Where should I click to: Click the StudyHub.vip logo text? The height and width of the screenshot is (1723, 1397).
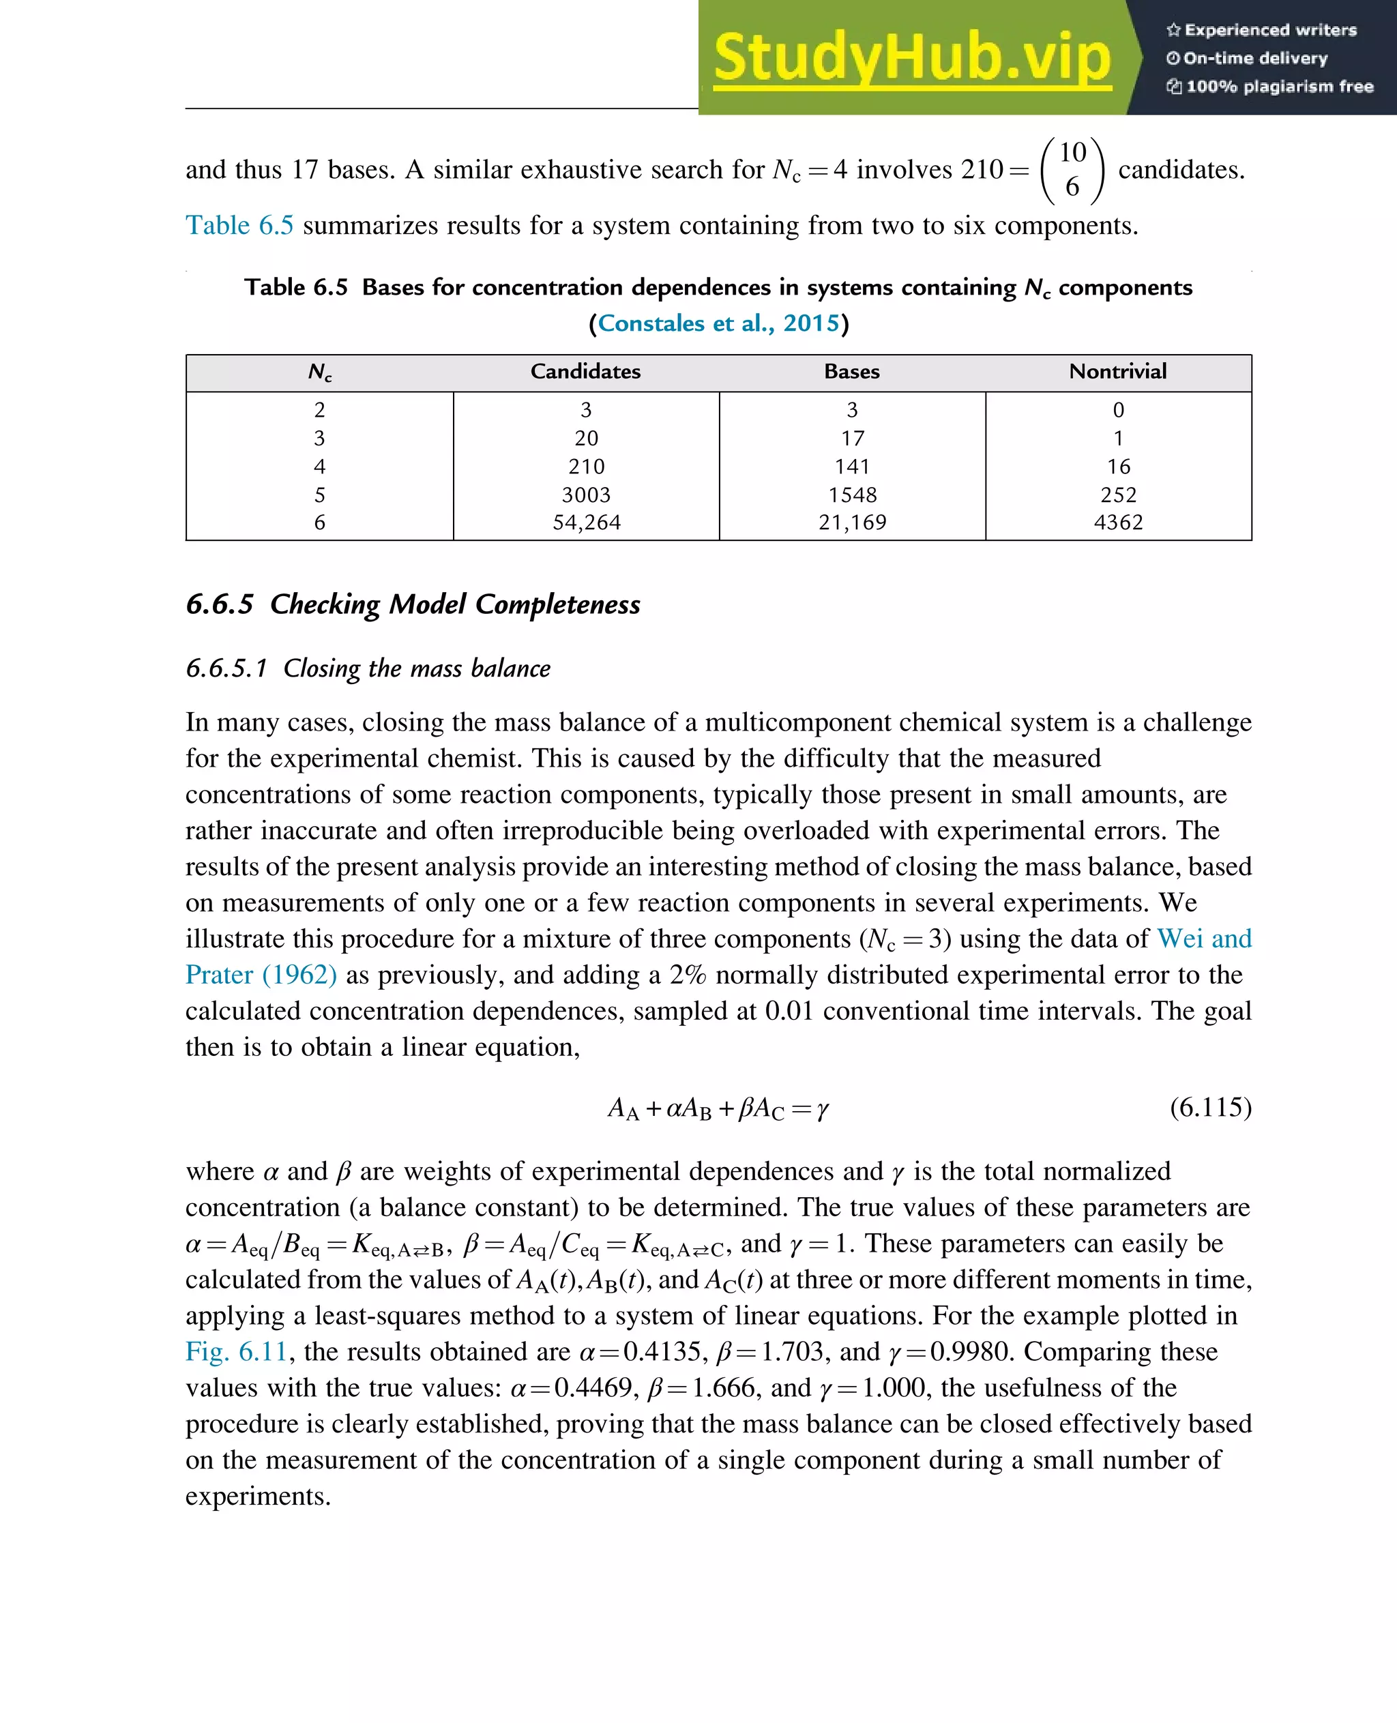(x=912, y=58)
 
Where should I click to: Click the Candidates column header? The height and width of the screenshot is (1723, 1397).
(x=585, y=371)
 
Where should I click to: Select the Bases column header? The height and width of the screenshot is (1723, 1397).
(x=851, y=371)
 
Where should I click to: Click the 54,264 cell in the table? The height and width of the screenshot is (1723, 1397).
(x=586, y=522)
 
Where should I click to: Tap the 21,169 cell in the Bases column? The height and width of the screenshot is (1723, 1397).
(x=851, y=522)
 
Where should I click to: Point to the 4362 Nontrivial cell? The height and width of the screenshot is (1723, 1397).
(x=1118, y=522)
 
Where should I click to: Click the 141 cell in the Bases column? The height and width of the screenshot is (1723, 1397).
(x=851, y=466)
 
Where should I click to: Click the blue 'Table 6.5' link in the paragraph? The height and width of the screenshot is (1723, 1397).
(x=239, y=225)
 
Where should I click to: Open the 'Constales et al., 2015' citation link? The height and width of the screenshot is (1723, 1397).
(x=718, y=323)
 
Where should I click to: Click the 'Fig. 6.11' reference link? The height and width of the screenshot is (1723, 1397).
(x=236, y=1351)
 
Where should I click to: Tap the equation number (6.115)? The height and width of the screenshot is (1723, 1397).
(x=1209, y=1107)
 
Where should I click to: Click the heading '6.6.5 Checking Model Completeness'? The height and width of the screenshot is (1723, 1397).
(x=413, y=604)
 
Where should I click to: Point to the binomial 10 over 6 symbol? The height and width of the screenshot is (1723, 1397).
(x=1072, y=169)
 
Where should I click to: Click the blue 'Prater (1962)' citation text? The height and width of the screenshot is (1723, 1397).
(x=261, y=975)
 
